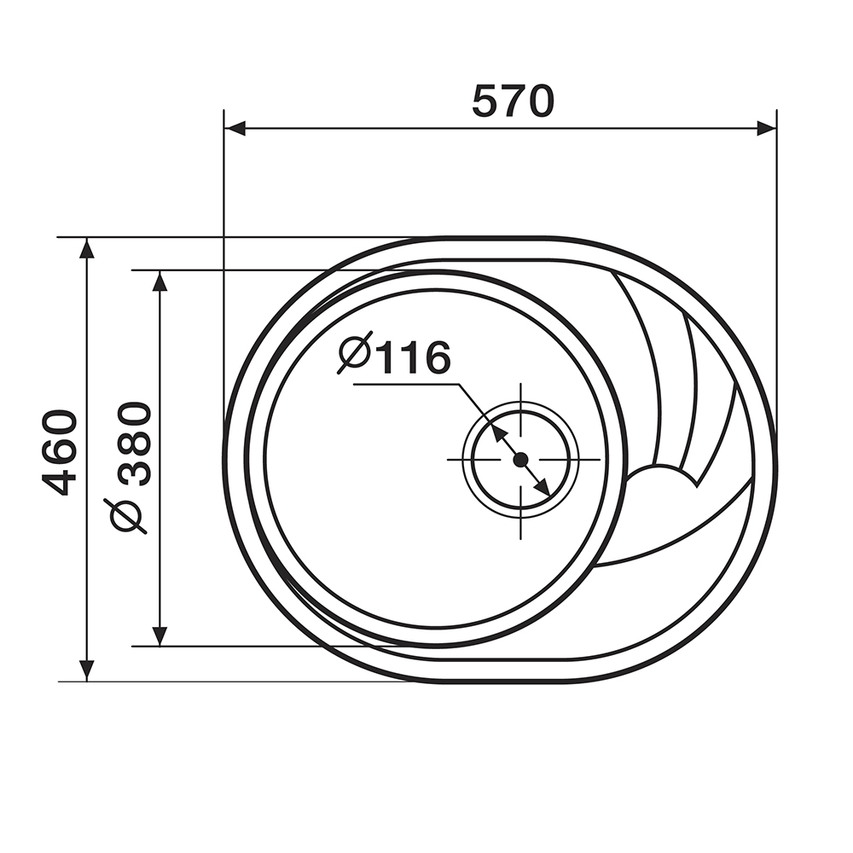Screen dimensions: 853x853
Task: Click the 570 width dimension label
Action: pyautogui.click(x=513, y=102)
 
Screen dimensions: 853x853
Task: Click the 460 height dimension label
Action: pyautogui.click(x=60, y=453)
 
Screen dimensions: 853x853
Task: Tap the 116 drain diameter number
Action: pyautogui.click(x=413, y=357)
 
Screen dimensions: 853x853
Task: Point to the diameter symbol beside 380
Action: pyautogui.click(x=129, y=514)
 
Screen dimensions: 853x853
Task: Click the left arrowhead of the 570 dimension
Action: pyautogui.click(x=235, y=129)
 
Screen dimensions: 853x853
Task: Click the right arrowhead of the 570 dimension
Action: pyautogui.click(x=766, y=129)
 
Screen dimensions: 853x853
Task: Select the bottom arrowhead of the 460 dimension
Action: pyautogui.click(x=86, y=670)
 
